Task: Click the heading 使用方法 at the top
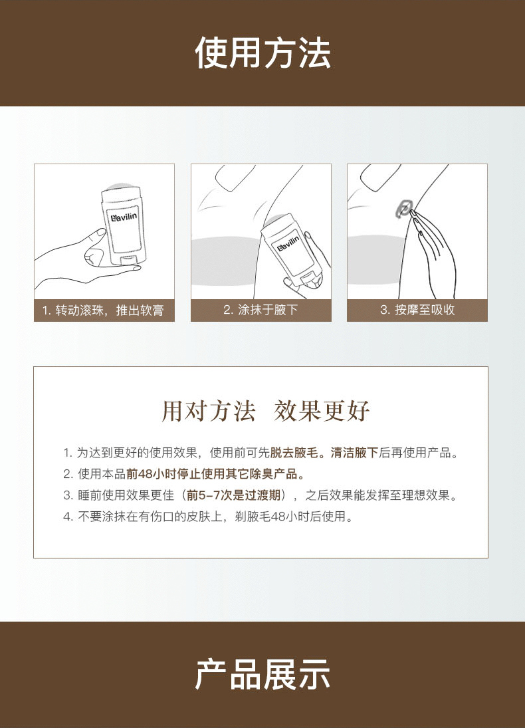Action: coord(262,53)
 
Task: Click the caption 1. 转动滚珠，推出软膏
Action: coord(103,310)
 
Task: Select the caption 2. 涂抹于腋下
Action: coord(261,310)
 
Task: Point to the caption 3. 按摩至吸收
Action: coord(417,310)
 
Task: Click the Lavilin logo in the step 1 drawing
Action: coord(122,216)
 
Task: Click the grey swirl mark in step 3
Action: coord(404,209)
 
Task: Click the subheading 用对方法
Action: coord(209,410)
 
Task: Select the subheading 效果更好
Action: coord(322,410)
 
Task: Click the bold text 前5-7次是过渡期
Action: coord(233,495)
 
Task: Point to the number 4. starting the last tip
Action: coord(68,517)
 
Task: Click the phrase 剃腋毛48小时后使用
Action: coord(290,517)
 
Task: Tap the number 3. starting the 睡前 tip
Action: coord(68,495)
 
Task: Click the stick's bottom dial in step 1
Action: coord(132,261)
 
